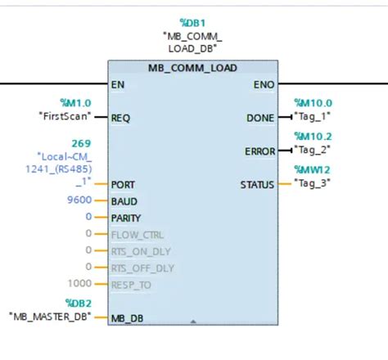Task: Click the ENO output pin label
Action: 263,84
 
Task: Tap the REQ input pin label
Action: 120,118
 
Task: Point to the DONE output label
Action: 259,118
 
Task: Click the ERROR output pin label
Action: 259,151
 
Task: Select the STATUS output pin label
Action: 256,184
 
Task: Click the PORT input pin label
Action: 123,185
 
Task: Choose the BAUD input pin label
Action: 124,201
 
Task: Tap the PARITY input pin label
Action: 126,218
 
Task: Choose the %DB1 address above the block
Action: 191,24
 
